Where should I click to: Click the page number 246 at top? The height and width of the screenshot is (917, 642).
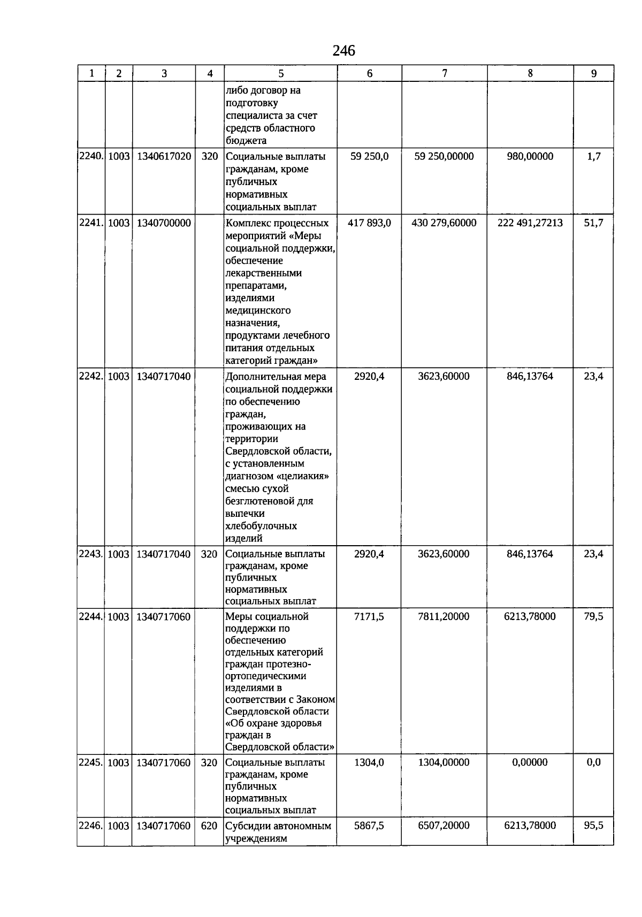pyautogui.click(x=343, y=51)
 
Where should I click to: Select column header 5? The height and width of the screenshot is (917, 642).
pyautogui.click(x=281, y=74)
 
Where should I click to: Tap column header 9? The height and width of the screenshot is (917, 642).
pyautogui.click(x=593, y=74)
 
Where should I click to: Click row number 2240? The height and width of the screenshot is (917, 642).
pyautogui.click(x=90, y=156)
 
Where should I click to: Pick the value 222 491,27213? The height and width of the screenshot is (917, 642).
pyautogui.click(x=530, y=223)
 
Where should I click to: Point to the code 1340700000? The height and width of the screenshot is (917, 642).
pyautogui.click(x=164, y=223)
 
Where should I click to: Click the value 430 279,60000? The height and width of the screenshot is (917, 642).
pyautogui.click(x=444, y=223)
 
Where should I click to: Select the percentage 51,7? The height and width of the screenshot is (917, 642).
pyautogui.click(x=593, y=223)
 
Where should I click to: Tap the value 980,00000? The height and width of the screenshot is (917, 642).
pyautogui.click(x=530, y=156)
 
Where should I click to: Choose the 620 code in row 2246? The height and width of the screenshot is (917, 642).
pyautogui.click(x=209, y=826)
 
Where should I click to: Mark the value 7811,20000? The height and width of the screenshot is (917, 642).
pyautogui.click(x=444, y=616)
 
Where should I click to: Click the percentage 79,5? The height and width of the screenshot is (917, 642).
pyautogui.click(x=593, y=616)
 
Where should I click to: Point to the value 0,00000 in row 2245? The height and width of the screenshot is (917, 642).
pyautogui.click(x=530, y=762)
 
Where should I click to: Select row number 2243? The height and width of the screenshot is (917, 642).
pyautogui.click(x=90, y=554)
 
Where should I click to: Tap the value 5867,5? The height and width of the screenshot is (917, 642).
pyautogui.click(x=369, y=826)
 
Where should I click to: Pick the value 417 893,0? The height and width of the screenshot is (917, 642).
pyautogui.click(x=369, y=223)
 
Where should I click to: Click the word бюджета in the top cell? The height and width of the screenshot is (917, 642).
pyautogui.click(x=246, y=141)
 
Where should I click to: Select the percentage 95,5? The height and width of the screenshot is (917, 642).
pyautogui.click(x=593, y=826)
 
